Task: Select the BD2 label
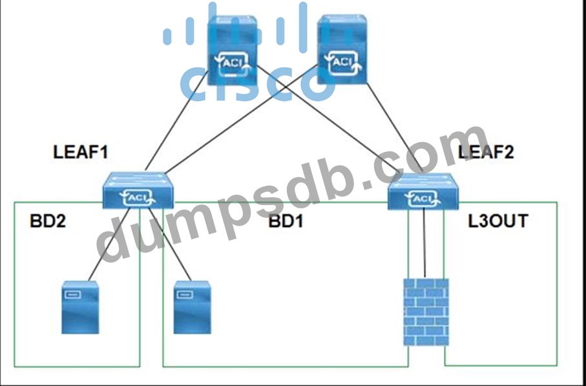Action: (x=48, y=222)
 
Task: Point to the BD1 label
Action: (x=286, y=222)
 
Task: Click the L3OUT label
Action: (x=497, y=222)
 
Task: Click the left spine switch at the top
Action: (x=231, y=52)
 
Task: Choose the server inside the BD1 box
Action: (x=193, y=306)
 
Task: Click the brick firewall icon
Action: (x=425, y=312)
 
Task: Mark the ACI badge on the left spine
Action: (x=231, y=62)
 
